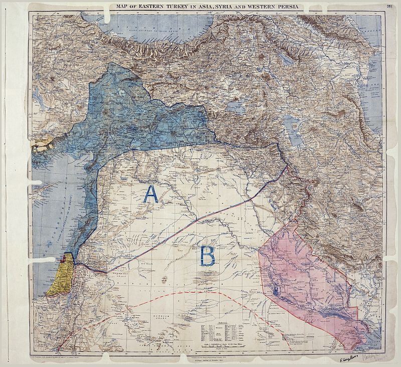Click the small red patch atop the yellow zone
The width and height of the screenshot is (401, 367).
pos(63,259)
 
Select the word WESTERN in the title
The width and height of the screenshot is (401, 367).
pos(255,7)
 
